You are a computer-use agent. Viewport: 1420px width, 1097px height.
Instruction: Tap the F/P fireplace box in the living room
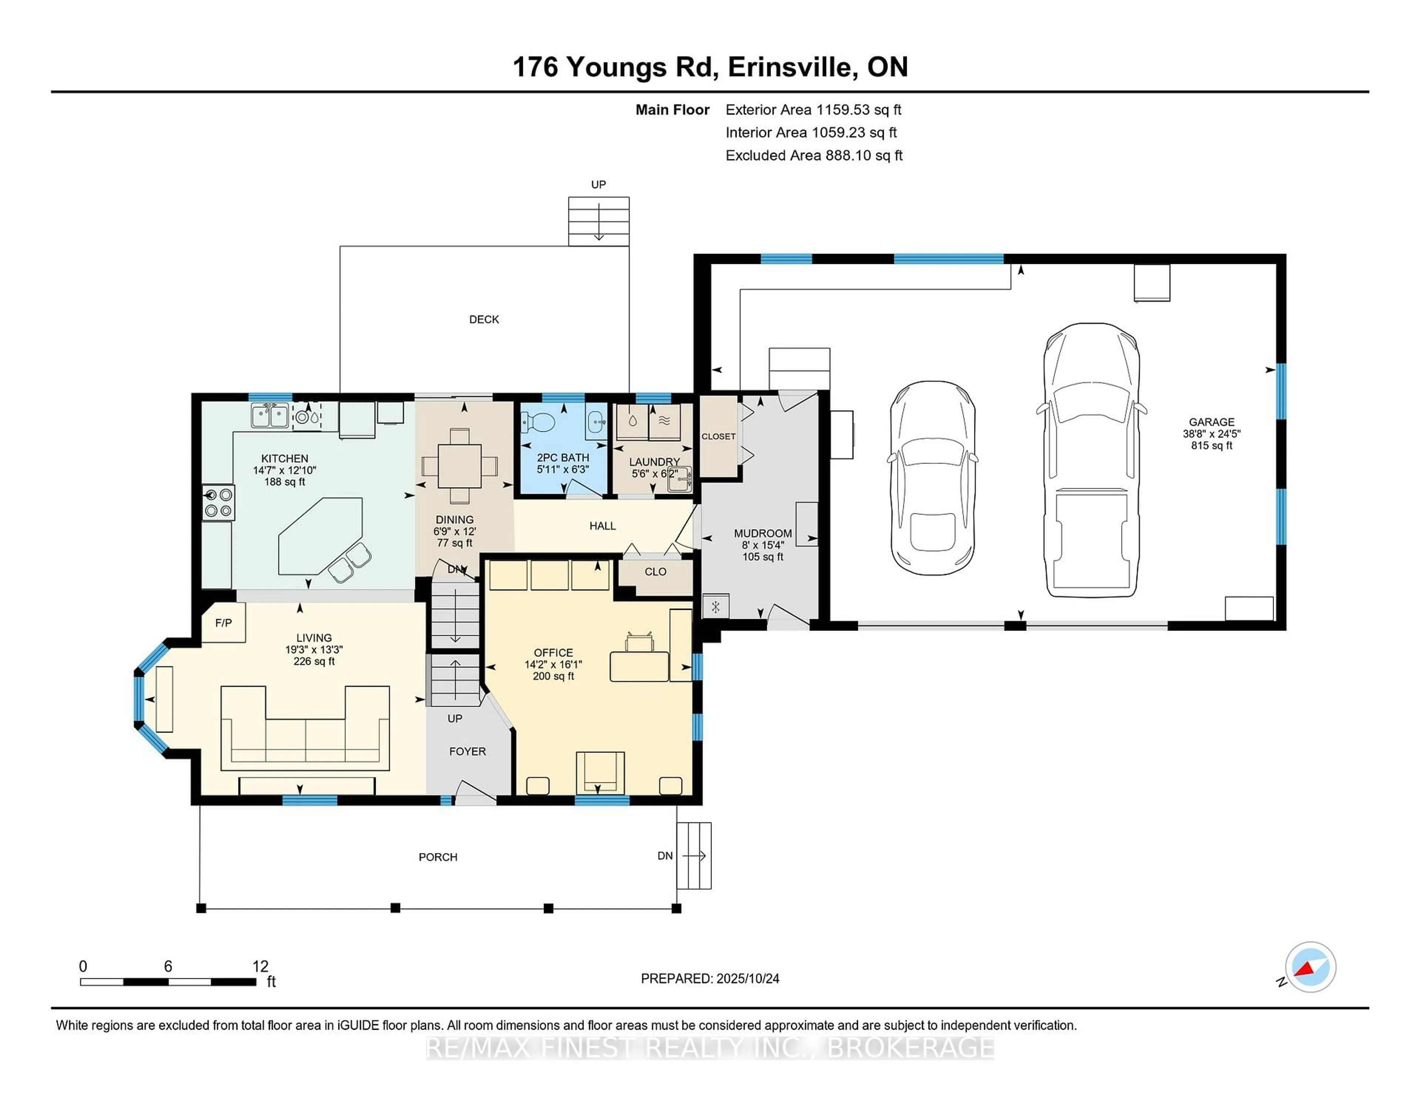point(223,622)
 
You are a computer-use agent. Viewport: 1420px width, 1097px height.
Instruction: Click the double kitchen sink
point(270,416)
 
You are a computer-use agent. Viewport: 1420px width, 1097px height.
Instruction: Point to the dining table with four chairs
point(460,465)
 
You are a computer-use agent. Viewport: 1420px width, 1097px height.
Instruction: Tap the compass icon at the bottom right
point(1310,967)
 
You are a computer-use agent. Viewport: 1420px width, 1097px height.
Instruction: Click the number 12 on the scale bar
point(260,967)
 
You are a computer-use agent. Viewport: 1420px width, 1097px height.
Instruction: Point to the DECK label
point(484,319)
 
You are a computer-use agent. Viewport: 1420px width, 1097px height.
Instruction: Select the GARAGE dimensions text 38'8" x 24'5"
point(1211,434)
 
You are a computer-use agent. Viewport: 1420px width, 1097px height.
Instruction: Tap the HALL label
point(602,526)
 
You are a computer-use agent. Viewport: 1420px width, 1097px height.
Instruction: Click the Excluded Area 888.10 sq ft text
point(814,155)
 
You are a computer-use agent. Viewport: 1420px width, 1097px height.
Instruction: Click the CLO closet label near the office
point(655,571)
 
